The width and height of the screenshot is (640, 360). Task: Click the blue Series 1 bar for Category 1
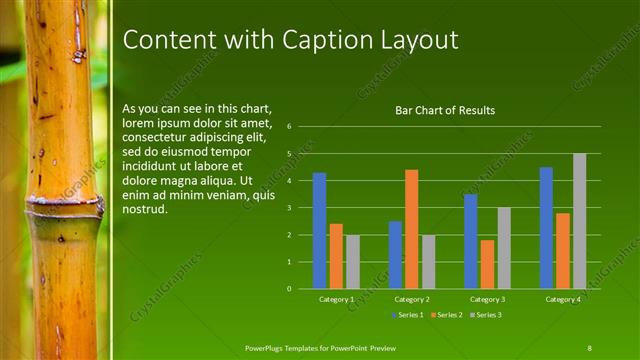point(319,231)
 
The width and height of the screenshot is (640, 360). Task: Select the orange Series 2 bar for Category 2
point(411,229)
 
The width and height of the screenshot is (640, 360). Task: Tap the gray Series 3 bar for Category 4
point(579,221)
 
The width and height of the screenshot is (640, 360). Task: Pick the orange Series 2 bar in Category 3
point(487,264)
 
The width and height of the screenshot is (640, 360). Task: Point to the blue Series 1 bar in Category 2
point(395,255)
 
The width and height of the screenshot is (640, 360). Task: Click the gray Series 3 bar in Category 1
point(352,262)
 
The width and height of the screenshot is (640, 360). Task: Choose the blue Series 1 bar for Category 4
point(546,228)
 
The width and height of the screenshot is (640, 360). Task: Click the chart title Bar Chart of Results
point(445,110)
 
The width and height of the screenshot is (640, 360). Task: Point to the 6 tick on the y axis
point(288,127)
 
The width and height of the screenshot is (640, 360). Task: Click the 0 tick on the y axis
point(288,289)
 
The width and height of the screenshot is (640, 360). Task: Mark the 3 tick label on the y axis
point(288,208)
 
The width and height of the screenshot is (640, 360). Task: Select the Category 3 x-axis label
point(487,299)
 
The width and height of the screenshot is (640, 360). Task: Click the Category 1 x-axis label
point(336,299)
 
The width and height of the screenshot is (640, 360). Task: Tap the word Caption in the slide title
point(322,39)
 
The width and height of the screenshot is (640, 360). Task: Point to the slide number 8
point(589,347)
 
